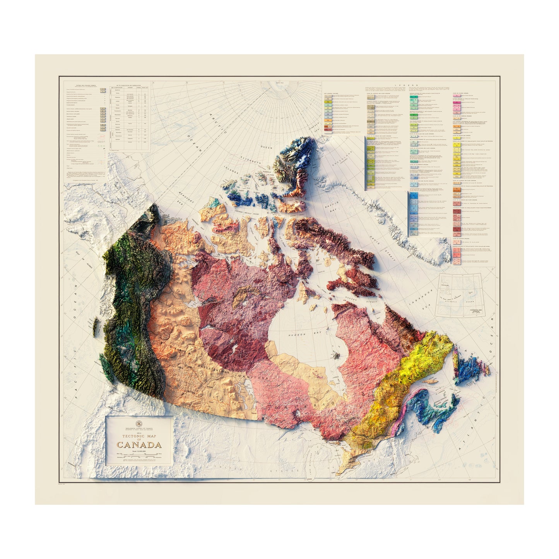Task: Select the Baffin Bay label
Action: coord(332,207)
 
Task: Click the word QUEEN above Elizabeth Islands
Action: coord(267,147)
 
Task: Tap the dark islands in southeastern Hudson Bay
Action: coord(337,354)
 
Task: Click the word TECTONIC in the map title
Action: coord(134,436)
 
